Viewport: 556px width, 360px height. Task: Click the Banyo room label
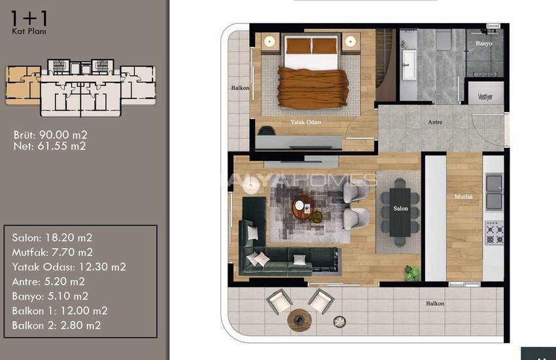coord(483,43)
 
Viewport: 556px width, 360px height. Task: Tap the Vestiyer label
coord(485,96)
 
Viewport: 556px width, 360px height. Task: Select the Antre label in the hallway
coord(435,122)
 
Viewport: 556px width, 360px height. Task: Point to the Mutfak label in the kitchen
coord(464,196)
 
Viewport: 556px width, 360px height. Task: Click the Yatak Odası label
coord(305,122)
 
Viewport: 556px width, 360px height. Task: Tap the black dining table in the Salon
coord(400,212)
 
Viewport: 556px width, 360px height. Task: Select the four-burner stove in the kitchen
coord(495,232)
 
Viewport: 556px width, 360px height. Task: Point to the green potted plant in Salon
coord(411,273)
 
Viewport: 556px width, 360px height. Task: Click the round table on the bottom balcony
coord(300,320)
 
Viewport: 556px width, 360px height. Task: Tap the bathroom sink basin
coord(410,65)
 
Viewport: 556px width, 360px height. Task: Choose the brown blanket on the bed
coord(313,88)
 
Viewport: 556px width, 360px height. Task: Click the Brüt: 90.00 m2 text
coord(50,135)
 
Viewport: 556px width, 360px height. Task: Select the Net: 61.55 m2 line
coord(50,146)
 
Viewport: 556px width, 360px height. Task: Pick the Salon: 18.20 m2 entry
coord(52,238)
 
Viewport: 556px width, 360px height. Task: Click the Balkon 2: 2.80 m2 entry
coord(56,325)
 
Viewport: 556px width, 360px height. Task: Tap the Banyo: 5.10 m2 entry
coord(50,296)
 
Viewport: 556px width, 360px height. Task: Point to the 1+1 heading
coord(29,18)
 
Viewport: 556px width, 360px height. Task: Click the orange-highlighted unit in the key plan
coord(23,85)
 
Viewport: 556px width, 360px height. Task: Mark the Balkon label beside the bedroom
coord(240,88)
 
